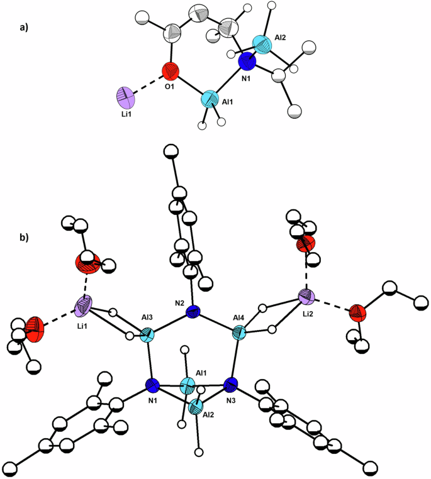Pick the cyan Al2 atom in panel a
[x=263, y=44]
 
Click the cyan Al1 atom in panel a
[x=211, y=101]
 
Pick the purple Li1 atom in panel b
[x=85, y=307]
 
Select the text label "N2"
[x=180, y=303]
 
